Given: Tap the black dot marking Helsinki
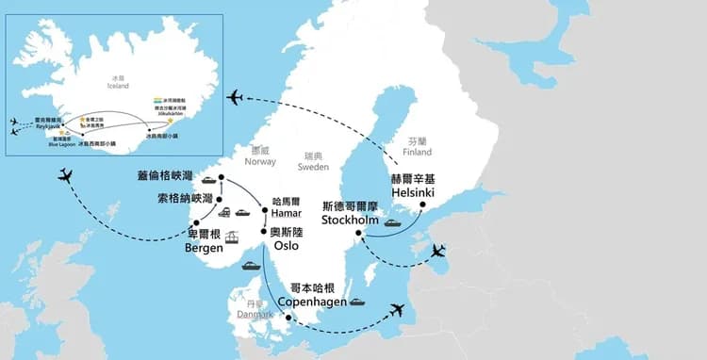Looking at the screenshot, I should [422, 205].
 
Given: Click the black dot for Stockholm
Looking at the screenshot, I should [358, 234].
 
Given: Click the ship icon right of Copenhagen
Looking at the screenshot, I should [356, 303].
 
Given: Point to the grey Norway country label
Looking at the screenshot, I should [259, 155].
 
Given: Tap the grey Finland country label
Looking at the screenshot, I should [416, 145].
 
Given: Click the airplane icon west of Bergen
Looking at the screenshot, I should [65, 174].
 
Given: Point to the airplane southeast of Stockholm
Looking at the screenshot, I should [437, 251].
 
